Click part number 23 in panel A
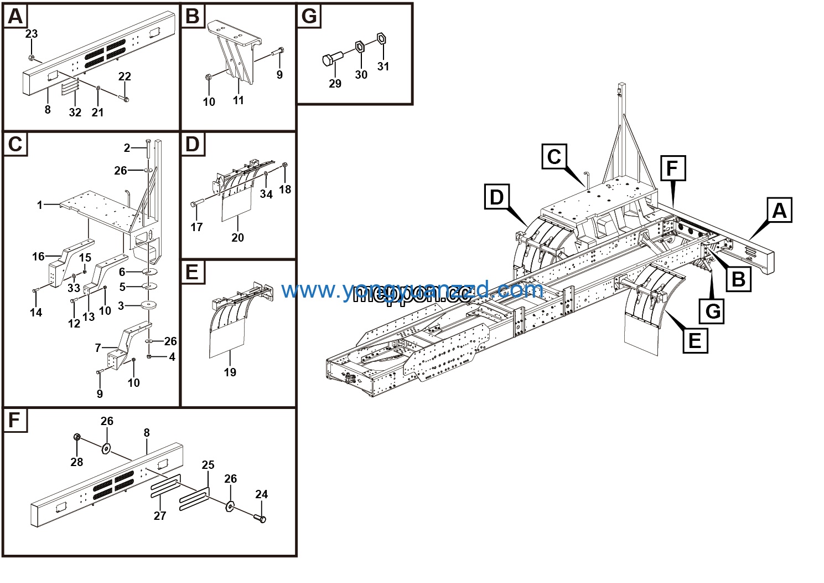point(32,34)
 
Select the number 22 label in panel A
point(125,76)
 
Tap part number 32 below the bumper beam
point(75,112)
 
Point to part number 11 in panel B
point(239,100)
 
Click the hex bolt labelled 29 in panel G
point(330,59)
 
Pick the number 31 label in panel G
point(384,67)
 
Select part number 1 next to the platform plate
point(40,205)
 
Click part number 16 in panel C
point(38,256)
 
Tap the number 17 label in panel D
point(196,227)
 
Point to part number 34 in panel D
point(266,194)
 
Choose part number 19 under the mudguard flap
point(230,372)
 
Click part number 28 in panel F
point(77,462)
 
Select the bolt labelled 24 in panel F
point(260,518)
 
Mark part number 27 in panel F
point(160,516)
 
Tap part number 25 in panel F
point(208,465)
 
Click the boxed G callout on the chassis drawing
point(713,311)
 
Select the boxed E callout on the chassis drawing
point(695,340)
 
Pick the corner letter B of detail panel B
point(193,16)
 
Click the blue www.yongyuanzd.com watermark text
point(412,290)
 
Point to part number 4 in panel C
point(172,357)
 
